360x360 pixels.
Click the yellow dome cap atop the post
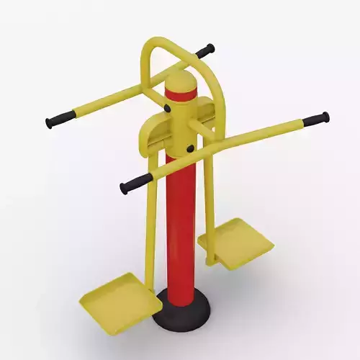point(181,80)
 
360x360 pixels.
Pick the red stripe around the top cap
point(181,94)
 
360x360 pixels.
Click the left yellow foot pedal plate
point(121,296)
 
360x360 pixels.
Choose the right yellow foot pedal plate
point(238,243)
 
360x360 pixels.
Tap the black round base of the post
point(181,306)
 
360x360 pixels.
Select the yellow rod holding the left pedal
point(152,230)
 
